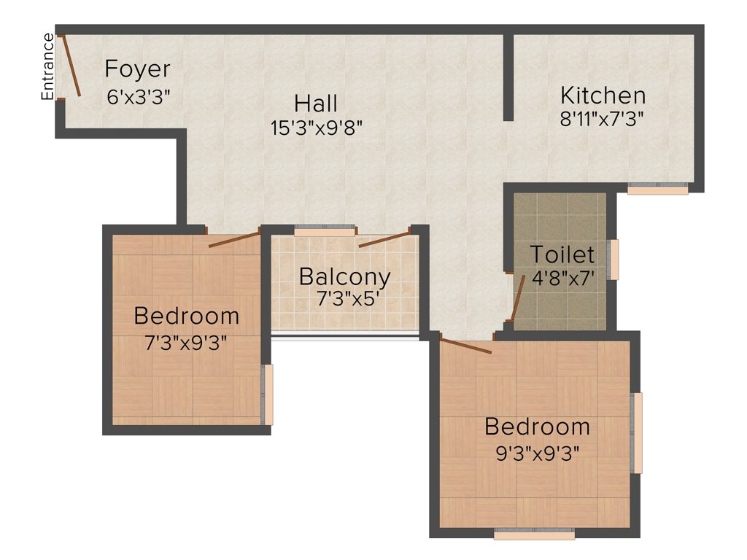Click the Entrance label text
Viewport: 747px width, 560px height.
(47, 66)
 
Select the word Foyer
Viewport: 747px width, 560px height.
(137, 69)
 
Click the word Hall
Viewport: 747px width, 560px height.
(316, 103)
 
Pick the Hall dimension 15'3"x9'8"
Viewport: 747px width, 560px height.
(316, 128)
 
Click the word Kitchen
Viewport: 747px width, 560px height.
(603, 96)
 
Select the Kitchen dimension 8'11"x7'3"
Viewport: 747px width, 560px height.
(603, 118)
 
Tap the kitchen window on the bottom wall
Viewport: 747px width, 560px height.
(658, 189)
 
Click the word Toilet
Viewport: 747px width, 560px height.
(562, 254)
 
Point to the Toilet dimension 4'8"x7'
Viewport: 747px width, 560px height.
(562, 278)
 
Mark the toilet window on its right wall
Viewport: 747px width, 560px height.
(614, 260)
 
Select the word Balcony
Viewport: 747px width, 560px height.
(344, 277)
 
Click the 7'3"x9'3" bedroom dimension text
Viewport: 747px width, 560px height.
(187, 342)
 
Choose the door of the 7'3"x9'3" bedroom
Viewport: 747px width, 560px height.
(234, 240)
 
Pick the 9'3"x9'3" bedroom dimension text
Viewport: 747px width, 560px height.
(537, 453)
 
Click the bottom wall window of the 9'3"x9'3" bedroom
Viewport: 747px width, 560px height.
(534, 534)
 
